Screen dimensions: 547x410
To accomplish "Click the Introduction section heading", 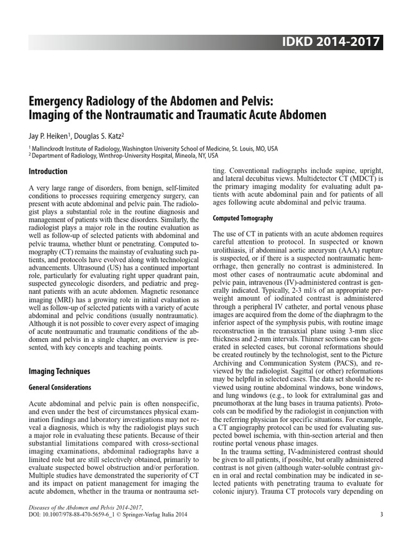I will coord(48,171).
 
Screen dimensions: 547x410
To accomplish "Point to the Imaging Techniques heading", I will coord(59,371).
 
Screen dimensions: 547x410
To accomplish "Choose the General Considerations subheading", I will coord(60,387).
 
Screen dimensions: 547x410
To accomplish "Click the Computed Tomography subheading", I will coord(243,218).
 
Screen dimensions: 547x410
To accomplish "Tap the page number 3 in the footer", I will coord(381,514).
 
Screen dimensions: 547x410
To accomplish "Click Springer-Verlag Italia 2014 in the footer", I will coord(165,514).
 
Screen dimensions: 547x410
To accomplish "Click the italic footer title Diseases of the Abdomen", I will coord(64,507).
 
